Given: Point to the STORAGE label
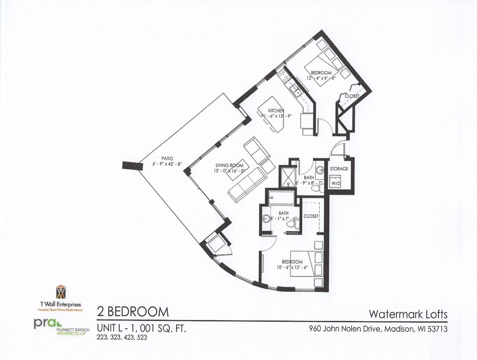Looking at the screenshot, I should coord(339,168).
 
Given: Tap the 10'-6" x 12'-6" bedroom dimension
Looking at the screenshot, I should coord(292,268).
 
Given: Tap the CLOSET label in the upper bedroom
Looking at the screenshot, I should coord(352,96).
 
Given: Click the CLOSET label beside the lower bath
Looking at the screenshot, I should coord(311,216).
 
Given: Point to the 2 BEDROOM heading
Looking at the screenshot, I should coord(133,311).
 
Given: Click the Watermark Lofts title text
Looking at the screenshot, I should coord(408,315).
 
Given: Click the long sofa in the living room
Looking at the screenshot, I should coord(247,184).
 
